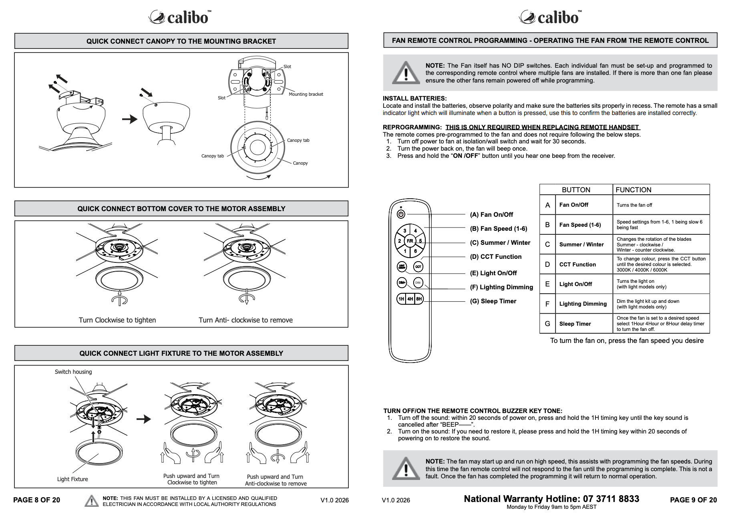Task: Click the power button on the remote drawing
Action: pos(401,214)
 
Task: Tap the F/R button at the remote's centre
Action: pos(410,241)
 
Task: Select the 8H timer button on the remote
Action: pos(419,299)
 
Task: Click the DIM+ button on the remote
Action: pos(402,282)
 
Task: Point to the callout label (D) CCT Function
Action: pos(496,257)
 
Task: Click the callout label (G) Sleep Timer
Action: pos(493,301)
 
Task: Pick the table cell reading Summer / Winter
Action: pos(581,244)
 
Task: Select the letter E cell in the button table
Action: pos(547,284)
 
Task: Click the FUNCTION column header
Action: pos(633,190)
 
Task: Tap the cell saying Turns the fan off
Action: pos(634,205)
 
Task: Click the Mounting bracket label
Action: pos(306,94)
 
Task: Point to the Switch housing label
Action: pos(73,372)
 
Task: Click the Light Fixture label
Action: pos(72,479)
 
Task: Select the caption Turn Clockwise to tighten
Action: pos(117,320)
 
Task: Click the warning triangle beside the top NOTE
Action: pos(406,73)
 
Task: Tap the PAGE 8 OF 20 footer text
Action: pos(36,500)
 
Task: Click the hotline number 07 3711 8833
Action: pos(611,499)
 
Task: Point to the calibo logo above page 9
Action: pos(550,17)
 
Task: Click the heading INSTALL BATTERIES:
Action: pos(415,99)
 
